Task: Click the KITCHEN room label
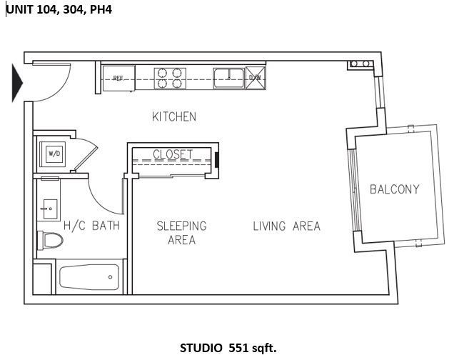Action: point(173,116)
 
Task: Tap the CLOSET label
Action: point(173,154)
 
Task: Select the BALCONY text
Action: point(394,189)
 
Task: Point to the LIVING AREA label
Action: point(286,226)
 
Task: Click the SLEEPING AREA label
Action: point(181,233)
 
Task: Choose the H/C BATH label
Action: point(91,226)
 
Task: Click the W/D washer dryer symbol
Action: point(54,153)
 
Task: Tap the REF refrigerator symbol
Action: point(118,78)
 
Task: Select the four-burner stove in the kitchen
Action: point(170,77)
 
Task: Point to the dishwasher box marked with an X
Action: point(254,78)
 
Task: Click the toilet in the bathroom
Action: point(49,240)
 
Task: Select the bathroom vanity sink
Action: point(49,209)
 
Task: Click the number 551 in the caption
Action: point(241,348)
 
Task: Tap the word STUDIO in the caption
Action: point(202,348)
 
